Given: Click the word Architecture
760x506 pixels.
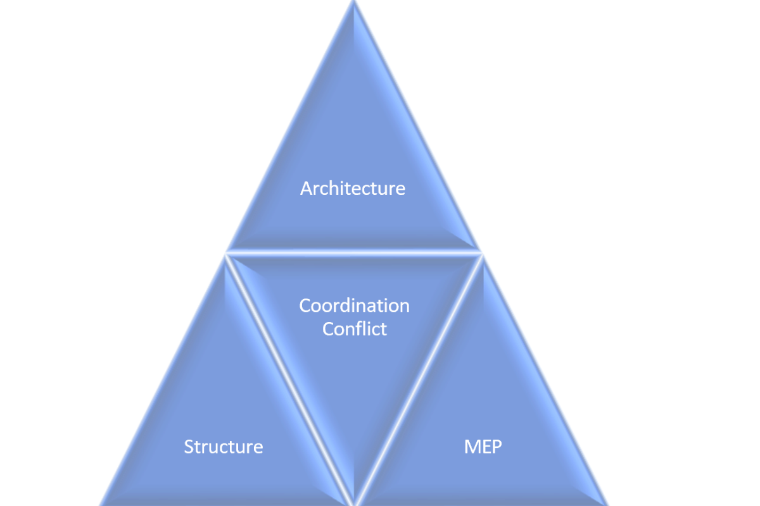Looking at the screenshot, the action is (353, 188).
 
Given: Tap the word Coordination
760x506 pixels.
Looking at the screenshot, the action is (354, 305).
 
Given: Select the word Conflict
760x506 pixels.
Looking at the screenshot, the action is (355, 329).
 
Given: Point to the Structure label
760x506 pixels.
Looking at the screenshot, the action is (223, 447).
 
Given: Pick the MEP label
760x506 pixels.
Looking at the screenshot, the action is (483, 447).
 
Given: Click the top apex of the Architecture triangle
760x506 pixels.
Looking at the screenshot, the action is (354, 1).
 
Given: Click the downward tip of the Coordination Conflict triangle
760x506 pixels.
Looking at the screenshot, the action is (354, 504).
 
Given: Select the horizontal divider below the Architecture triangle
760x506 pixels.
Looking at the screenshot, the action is (353, 253).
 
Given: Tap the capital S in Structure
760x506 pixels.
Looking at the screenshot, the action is (189, 447).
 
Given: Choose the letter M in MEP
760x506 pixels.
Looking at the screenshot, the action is (471, 447).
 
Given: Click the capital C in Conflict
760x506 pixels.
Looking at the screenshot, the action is (328, 329).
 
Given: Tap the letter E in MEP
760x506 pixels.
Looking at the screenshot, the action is (486, 447).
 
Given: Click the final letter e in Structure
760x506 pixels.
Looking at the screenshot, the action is (258, 448).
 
